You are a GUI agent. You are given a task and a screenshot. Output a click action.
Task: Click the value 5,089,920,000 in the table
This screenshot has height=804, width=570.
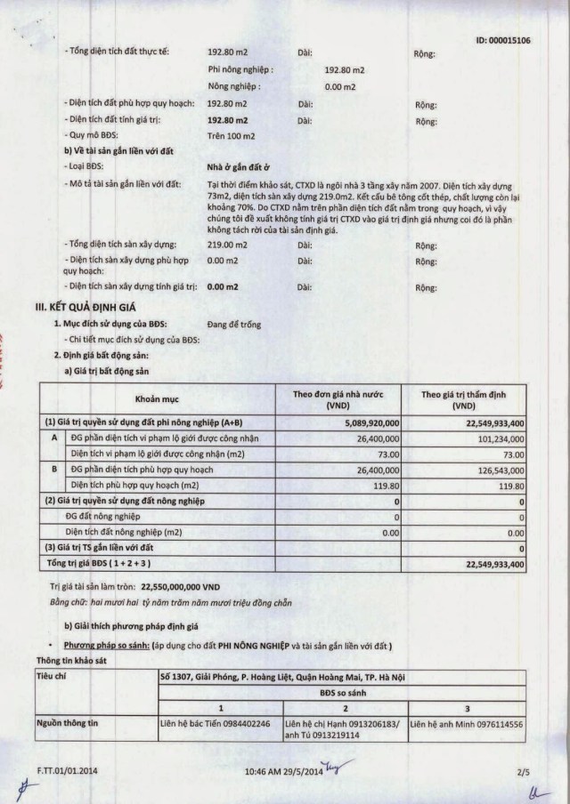coord(367,422)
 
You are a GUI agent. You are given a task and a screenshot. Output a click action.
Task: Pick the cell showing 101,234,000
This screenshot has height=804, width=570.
coord(495,438)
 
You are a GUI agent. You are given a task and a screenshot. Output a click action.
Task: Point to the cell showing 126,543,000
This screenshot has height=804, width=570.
coord(495,469)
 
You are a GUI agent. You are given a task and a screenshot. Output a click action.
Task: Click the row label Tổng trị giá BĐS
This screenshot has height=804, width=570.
coord(98,563)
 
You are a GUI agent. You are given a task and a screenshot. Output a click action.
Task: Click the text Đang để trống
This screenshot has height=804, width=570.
coord(234,325)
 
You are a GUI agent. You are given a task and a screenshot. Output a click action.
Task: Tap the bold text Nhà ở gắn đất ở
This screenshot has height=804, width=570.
coord(238,166)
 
